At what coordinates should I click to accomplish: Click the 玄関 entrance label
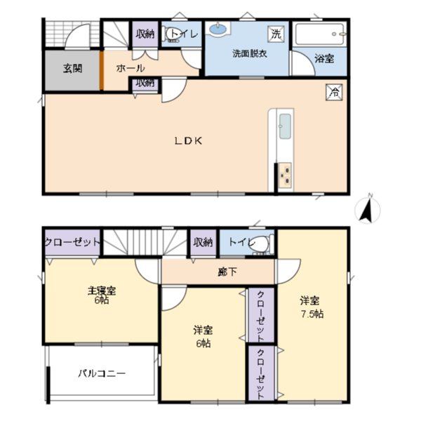[x=72, y=69]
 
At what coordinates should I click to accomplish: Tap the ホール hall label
[x=131, y=68]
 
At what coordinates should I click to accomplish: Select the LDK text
[x=188, y=141]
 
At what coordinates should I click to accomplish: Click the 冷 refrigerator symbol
[x=334, y=93]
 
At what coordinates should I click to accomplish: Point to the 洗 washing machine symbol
[x=276, y=34]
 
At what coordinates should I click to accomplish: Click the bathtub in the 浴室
[x=319, y=34]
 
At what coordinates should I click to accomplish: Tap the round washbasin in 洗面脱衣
[x=218, y=29]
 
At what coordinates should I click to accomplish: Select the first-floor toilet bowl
[x=171, y=35]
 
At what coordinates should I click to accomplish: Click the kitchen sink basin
[x=285, y=126]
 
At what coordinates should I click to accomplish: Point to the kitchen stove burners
[x=285, y=175]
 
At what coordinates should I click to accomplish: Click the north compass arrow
[x=367, y=210]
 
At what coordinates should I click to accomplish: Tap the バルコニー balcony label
[x=102, y=373]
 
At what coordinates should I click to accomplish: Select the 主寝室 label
[x=102, y=290]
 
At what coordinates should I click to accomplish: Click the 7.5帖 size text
[x=312, y=314]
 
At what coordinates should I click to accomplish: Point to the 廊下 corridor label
[x=227, y=272]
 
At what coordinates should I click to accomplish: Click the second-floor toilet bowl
[x=261, y=243]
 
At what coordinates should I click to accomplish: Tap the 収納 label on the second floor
[x=203, y=242]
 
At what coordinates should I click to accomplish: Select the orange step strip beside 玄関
[x=102, y=70]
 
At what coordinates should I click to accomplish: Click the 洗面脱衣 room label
[x=249, y=53]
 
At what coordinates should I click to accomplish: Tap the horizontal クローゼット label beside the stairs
[x=72, y=243]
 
